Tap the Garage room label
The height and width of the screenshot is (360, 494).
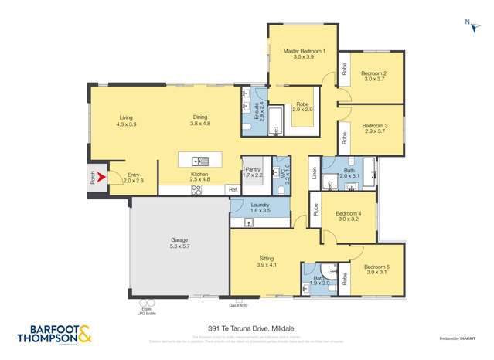(179, 243)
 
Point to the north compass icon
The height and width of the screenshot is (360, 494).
(471, 29)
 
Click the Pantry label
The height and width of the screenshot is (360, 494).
(253, 172)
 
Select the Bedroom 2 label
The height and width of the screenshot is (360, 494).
(374, 76)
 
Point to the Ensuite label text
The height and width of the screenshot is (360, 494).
(261, 112)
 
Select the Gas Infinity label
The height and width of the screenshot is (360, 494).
(238, 307)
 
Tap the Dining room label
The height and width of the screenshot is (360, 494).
(201, 121)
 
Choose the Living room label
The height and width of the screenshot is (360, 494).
(125, 121)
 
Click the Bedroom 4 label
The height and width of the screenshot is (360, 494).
(349, 216)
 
